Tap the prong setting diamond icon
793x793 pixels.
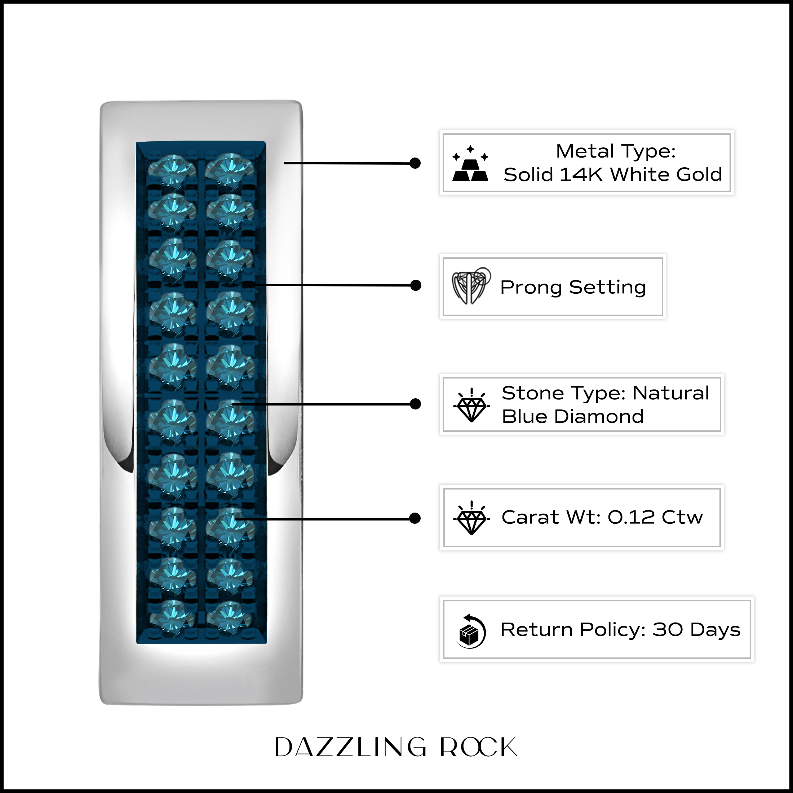pos(471,286)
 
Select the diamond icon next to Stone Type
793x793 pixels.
pos(471,405)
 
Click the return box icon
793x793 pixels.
pos(471,631)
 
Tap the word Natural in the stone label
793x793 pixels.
pos(671,393)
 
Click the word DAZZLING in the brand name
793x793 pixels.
pos(350,747)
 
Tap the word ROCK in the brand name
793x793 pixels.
pos(479,747)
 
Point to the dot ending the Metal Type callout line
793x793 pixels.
pos(415,163)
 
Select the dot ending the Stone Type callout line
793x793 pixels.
pos(415,404)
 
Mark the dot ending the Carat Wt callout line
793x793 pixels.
pos(415,518)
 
